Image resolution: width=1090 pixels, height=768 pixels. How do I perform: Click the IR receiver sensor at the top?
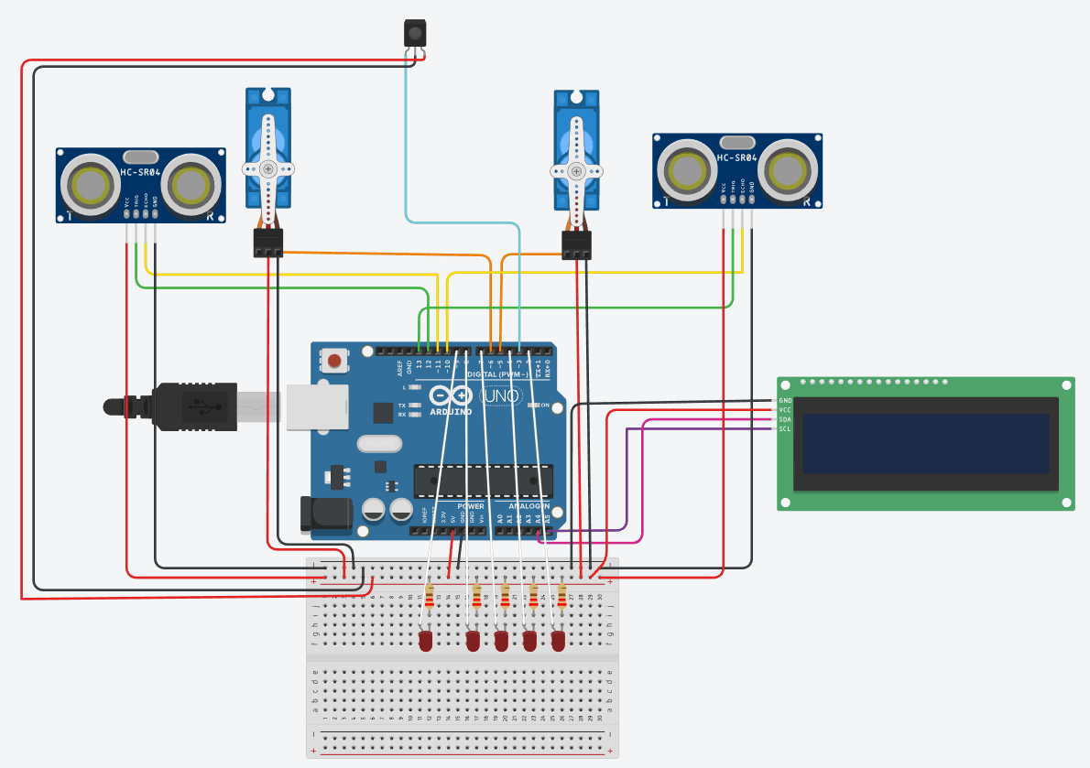(x=415, y=35)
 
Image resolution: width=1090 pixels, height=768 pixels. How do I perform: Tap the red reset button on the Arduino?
(x=335, y=361)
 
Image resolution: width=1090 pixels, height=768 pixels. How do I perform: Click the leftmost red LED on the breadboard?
(x=425, y=641)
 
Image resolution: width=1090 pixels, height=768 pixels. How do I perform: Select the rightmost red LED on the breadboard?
(x=558, y=641)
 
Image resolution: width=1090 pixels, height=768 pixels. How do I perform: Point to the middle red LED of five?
(x=501, y=641)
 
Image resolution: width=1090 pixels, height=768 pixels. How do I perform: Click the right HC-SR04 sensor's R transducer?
(x=790, y=170)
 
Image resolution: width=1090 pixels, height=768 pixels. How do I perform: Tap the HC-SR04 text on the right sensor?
(x=737, y=158)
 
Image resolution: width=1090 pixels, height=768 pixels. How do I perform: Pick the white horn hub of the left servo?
(x=267, y=169)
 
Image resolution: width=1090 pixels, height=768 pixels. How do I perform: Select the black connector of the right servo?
(x=576, y=244)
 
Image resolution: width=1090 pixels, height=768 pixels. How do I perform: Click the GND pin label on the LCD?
(x=785, y=401)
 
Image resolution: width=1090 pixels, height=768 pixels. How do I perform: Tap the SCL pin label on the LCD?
(x=785, y=428)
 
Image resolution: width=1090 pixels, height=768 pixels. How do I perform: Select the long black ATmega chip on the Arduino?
(x=483, y=479)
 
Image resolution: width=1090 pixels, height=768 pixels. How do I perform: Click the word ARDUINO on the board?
(x=451, y=412)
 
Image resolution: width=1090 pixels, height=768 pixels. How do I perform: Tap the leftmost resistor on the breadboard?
(x=429, y=598)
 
